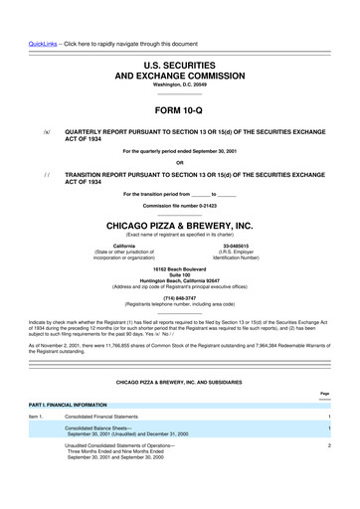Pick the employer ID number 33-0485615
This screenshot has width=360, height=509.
coord(235,245)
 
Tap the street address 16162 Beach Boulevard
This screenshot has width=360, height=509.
coord(179,268)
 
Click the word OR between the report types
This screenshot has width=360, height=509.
coord(179,162)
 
